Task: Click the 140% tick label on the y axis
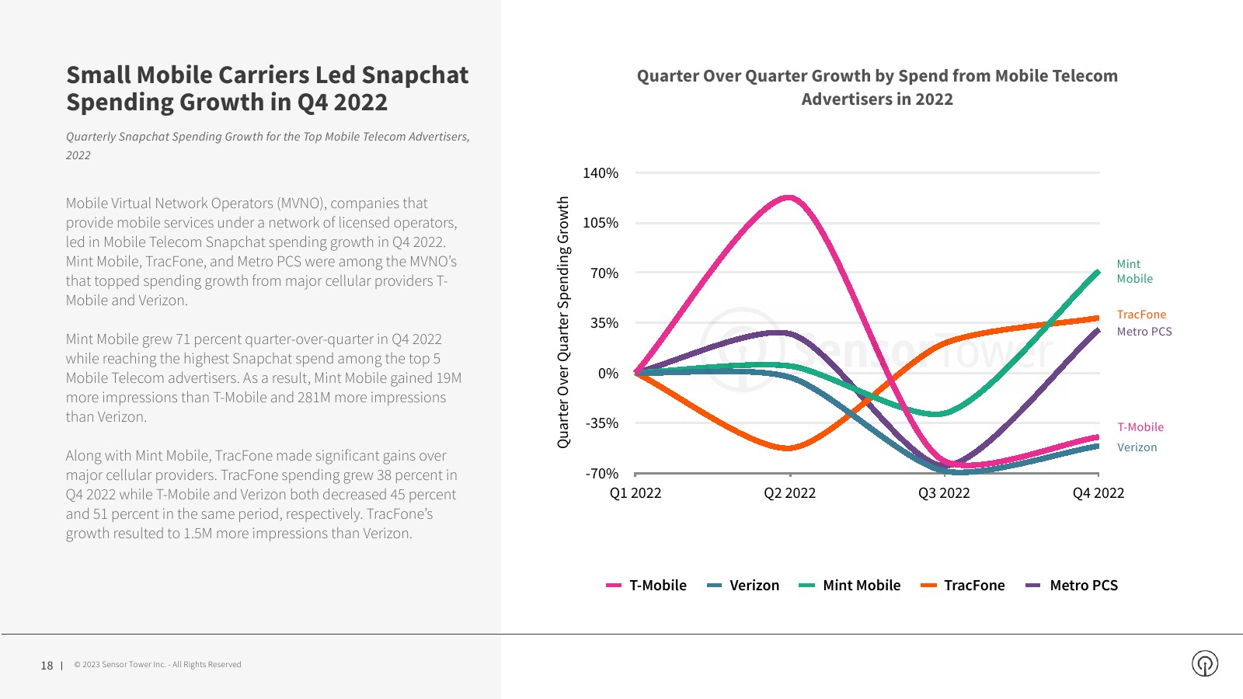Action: click(601, 173)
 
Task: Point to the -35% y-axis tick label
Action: click(602, 423)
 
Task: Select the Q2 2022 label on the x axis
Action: click(789, 493)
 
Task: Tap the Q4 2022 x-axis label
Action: click(1098, 493)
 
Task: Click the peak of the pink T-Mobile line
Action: click(789, 197)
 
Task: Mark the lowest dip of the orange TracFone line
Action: click(788, 448)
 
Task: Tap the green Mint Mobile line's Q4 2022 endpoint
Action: click(1098, 272)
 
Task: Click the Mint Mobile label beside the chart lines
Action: click(1134, 272)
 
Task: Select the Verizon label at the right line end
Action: click(1137, 447)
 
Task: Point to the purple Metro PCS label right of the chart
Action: click(1144, 332)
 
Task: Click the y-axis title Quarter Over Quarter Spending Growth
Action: click(563, 322)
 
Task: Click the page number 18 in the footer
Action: click(47, 666)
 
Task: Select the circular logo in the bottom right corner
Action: click(1205, 663)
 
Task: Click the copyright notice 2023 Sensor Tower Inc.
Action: click(158, 665)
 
